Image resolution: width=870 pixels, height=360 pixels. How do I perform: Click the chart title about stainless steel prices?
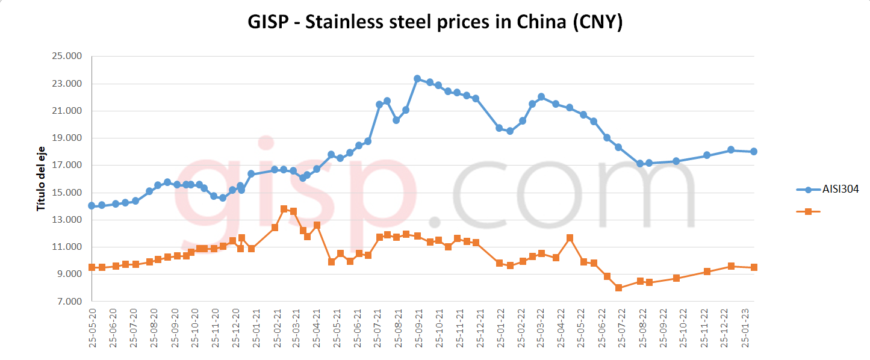tap(435, 22)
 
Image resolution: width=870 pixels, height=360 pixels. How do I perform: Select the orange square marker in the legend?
tap(809, 211)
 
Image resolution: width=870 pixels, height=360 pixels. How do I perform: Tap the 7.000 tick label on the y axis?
tap(69, 302)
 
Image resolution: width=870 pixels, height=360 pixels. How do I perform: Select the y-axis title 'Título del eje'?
tap(41, 179)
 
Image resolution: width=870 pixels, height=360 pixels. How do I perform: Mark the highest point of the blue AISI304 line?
tap(417, 79)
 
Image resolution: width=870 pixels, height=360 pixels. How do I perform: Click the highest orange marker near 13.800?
tap(284, 209)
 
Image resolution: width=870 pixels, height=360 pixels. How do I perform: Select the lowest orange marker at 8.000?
tap(618, 288)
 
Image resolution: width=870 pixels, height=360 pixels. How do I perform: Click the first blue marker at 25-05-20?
tap(92, 206)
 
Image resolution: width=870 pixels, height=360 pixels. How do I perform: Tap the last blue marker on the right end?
tap(754, 152)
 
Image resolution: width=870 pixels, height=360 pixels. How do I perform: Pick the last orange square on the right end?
tap(754, 267)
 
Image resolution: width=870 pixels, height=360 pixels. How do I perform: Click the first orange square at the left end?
tap(92, 267)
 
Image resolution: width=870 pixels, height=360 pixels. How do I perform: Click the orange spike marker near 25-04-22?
tap(570, 238)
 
